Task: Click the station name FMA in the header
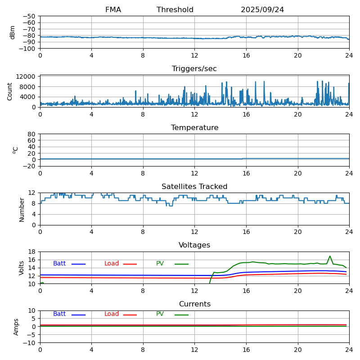(113, 10)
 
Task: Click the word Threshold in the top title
(175, 10)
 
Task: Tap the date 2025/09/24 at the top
(262, 10)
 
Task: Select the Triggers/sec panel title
(194, 69)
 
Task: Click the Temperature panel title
(194, 128)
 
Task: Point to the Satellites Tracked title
(194, 187)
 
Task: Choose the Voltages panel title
(194, 245)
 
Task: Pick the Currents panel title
(194, 304)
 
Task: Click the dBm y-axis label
(13, 32)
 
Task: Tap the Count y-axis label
(10, 91)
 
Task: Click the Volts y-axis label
(22, 267)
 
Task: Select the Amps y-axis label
(16, 327)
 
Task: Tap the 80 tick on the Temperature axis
(32, 134)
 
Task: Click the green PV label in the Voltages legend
(160, 264)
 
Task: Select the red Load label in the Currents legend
(112, 314)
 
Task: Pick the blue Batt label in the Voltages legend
(59, 264)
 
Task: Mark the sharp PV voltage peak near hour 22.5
(330, 256)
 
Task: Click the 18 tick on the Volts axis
(32, 252)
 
